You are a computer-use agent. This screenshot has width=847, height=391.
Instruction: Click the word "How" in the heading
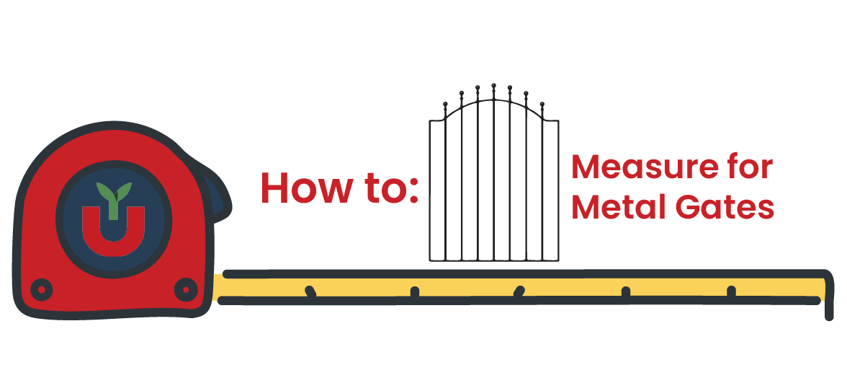pyautogui.click(x=301, y=187)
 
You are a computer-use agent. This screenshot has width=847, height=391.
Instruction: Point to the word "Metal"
pyautogui.click(x=613, y=207)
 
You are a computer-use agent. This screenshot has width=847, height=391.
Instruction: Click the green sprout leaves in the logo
pyautogui.click(x=110, y=193)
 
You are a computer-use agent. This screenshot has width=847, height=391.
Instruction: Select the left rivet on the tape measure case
pyautogui.click(x=41, y=289)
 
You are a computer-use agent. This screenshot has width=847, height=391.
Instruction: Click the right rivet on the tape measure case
pyautogui.click(x=185, y=289)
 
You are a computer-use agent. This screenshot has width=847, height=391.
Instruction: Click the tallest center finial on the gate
pyautogui.click(x=493, y=86)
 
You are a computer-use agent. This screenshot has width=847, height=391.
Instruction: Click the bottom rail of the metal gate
pyautogui.click(x=494, y=259)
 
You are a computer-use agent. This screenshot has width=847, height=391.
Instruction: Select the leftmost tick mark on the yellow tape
pyautogui.click(x=310, y=291)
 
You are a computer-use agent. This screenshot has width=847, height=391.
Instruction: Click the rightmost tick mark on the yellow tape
pyautogui.click(x=731, y=291)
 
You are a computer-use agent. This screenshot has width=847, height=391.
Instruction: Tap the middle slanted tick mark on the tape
pyautogui.click(x=519, y=291)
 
